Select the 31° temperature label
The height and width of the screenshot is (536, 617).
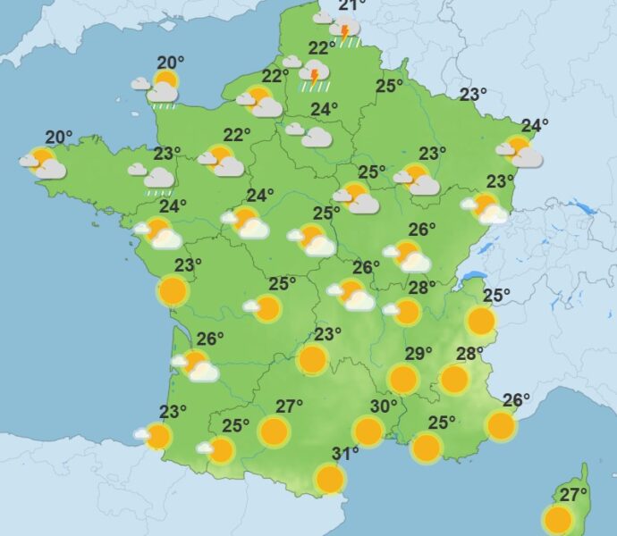tap(345, 454)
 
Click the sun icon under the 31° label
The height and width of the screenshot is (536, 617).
tap(330, 479)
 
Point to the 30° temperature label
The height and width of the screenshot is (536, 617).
tap(384, 406)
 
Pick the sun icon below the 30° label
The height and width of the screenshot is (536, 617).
tap(368, 431)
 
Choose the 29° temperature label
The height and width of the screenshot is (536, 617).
tap(418, 354)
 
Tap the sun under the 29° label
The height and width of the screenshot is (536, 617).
tap(403, 379)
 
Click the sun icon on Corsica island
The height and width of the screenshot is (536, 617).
tap(558, 518)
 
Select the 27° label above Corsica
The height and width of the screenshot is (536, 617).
tap(573, 494)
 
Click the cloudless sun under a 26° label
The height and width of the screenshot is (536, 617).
tap(502, 425)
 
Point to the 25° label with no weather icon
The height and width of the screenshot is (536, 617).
tap(388, 87)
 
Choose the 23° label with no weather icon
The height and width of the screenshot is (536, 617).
tap(473, 95)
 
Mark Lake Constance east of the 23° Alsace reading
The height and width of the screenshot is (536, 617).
tap(587, 209)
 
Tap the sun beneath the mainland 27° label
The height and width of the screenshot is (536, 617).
tap(275, 431)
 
